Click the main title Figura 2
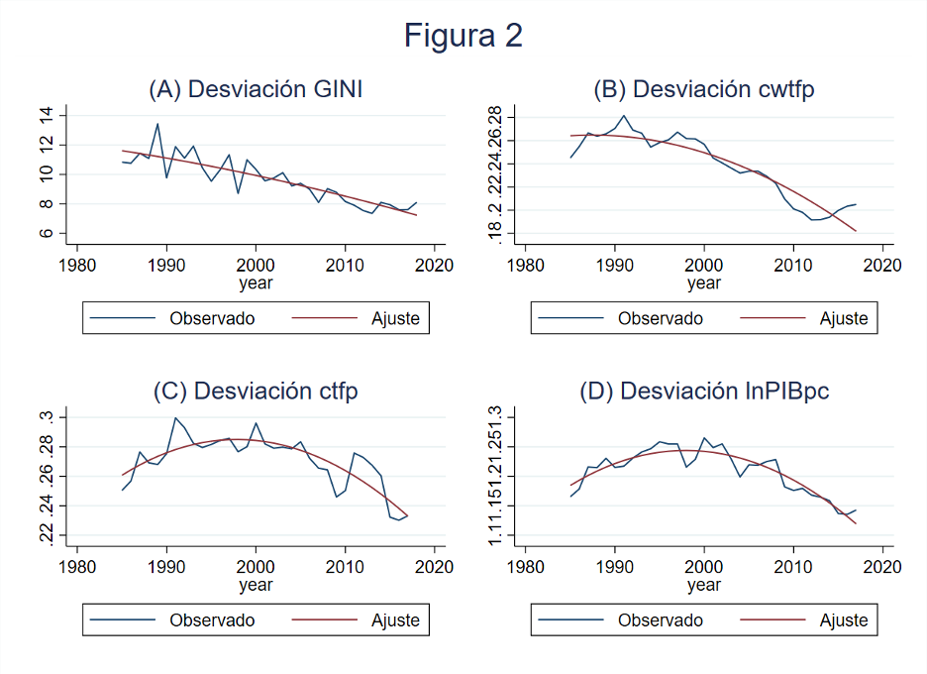click(463, 37)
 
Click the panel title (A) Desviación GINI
click(256, 89)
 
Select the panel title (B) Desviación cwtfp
click(703, 89)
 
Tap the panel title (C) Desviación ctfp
click(256, 391)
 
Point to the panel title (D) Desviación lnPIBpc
click(703, 391)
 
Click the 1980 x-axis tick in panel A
click(77, 265)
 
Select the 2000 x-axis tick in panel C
click(256, 567)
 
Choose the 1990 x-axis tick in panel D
click(615, 567)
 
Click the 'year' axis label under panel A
click(256, 283)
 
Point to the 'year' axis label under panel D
click(703, 586)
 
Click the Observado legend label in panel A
click(212, 318)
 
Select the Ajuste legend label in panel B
click(843, 318)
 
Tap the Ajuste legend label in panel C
click(395, 620)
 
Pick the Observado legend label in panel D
click(660, 620)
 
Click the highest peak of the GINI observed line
click(157, 124)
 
